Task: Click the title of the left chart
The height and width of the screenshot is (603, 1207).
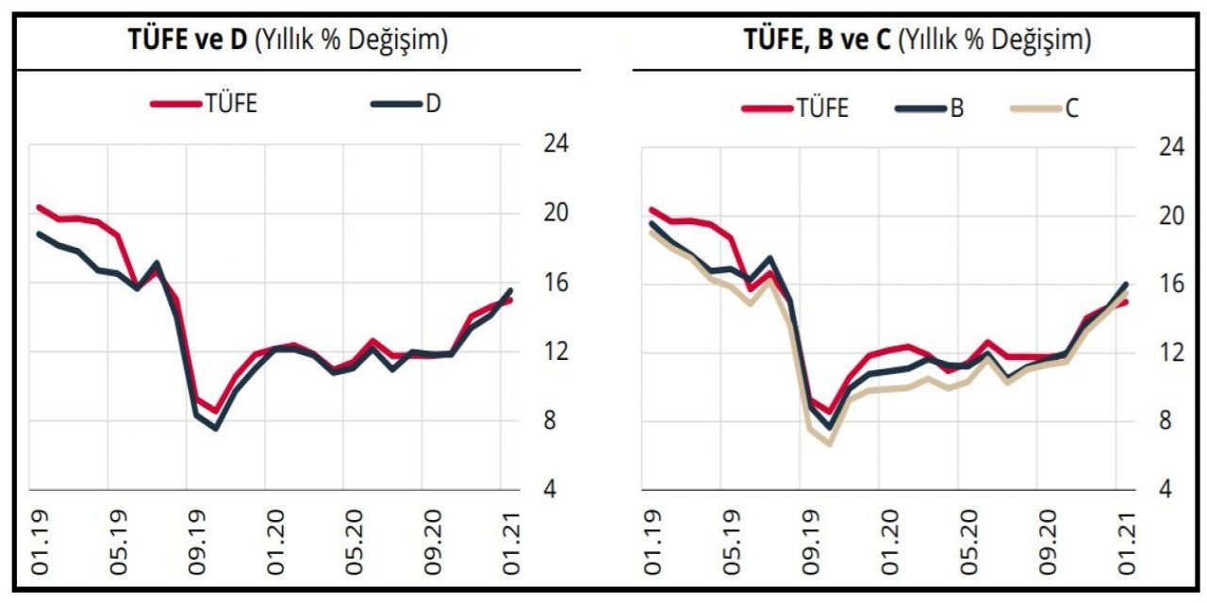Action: click(x=287, y=40)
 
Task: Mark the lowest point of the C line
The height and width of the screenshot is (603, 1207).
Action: click(x=830, y=442)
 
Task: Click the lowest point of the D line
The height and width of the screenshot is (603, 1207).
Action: click(x=216, y=429)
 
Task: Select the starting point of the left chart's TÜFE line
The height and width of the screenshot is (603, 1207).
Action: click(x=39, y=206)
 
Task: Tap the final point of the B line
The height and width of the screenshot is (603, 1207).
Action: click(x=1125, y=284)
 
